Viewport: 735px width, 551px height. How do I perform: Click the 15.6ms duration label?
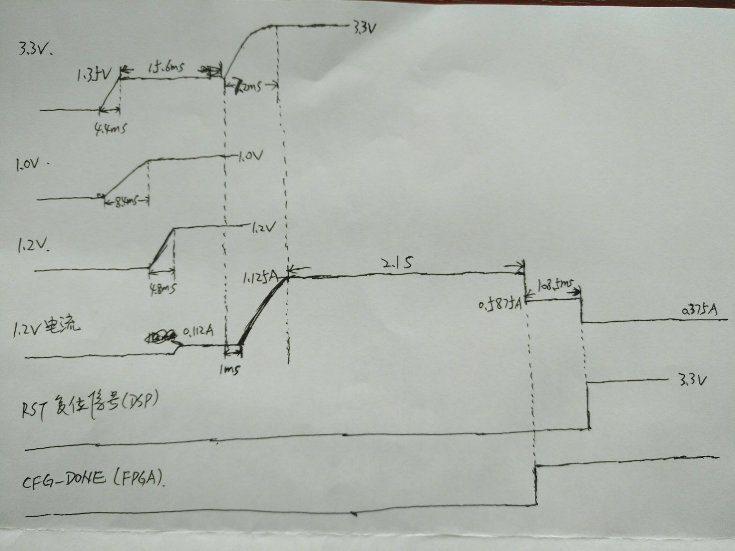(x=166, y=68)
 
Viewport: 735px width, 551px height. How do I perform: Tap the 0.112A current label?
(x=198, y=331)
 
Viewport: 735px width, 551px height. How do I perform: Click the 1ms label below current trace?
(x=230, y=369)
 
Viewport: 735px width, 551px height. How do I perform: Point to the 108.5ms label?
(x=555, y=285)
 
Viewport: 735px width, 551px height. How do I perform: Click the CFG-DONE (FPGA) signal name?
(x=93, y=479)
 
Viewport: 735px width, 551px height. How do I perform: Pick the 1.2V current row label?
(x=47, y=327)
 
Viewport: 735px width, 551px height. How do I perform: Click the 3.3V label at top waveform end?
(x=364, y=29)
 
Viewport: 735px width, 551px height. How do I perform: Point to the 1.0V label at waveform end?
(x=250, y=156)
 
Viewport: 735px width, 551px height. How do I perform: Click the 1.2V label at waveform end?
(x=263, y=228)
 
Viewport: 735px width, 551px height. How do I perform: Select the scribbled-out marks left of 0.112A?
(x=160, y=337)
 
